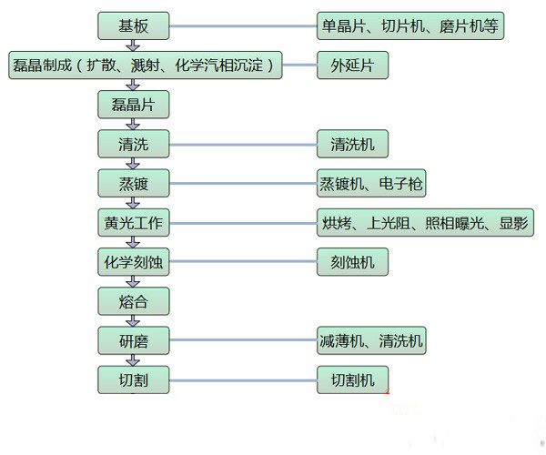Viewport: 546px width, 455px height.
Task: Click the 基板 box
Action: click(x=134, y=25)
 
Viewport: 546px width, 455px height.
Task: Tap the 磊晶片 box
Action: click(x=134, y=104)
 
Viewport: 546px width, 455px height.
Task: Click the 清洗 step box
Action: click(x=134, y=143)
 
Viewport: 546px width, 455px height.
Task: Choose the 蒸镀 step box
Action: click(x=134, y=183)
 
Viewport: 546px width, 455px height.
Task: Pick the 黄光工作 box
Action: click(x=134, y=223)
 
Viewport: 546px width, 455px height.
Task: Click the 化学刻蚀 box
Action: click(x=134, y=262)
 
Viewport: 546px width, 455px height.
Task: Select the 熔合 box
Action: click(x=134, y=301)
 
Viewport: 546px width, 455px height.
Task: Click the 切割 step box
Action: click(x=134, y=379)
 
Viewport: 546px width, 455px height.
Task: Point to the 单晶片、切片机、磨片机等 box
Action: click(x=410, y=25)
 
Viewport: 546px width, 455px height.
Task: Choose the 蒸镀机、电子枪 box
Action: click(x=371, y=183)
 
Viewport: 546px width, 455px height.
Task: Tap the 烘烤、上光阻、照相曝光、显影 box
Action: click(x=425, y=223)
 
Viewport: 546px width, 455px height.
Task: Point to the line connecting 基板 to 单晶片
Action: click(x=243, y=25)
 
